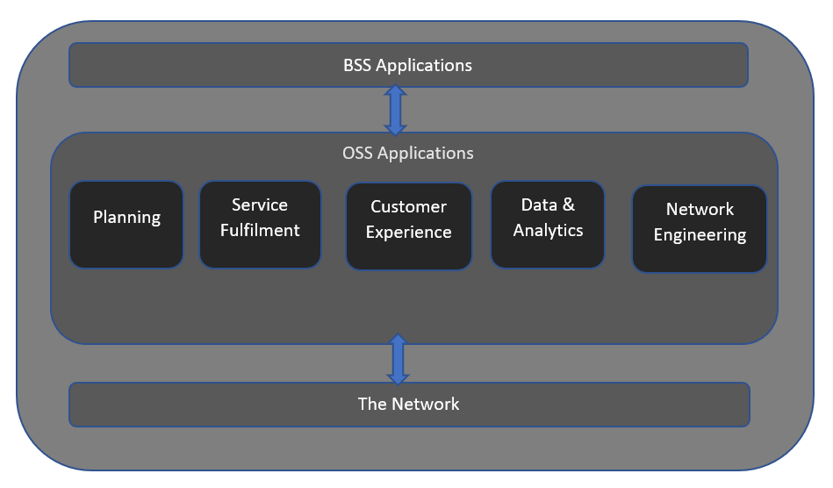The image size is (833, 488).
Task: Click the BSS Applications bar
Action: [x=408, y=65]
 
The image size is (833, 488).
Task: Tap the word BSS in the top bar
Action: [x=357, y=65]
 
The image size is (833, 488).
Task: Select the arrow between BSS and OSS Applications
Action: [x=395, y=110]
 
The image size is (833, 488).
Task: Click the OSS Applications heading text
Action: [x=408, y=153]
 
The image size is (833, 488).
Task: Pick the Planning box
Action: [x=126, y=225]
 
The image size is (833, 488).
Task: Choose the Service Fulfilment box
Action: [x=261, y=225]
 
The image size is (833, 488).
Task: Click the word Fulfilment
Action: [x=260, y=230]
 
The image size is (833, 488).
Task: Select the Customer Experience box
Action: [x=409, y=226]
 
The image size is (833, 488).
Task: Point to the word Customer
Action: [x=408, y=206]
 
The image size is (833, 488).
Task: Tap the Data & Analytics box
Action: [x=548, y=225]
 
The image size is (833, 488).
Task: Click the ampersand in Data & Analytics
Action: [x=569, y=205]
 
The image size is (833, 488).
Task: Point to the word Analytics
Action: [x=548, y=231]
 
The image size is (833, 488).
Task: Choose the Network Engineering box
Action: [x=699, y=229]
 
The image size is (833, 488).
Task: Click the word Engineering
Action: [x=700, y=234]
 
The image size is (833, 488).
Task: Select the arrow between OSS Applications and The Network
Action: [x=398, y=360]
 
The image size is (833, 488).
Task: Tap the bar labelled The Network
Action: [x=409, y=405]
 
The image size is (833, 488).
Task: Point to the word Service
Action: [x=260, y=205]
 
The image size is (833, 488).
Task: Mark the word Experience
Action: [x=408, y=232]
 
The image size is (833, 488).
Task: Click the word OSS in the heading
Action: [x=357, y=153]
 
